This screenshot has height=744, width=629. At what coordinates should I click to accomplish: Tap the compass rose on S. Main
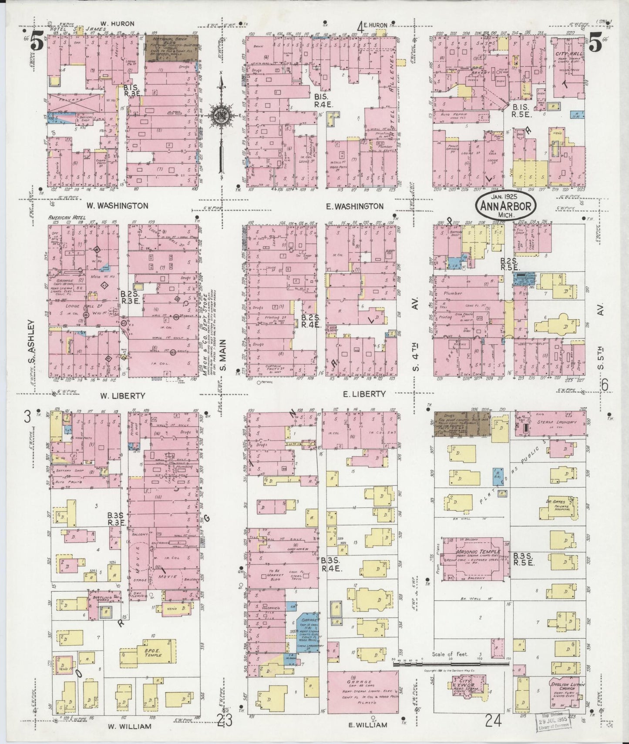(x=221, y=115)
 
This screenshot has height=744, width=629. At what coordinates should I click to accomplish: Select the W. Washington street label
(x=117, y=206)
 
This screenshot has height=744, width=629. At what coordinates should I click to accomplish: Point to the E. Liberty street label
(x=364, y=394)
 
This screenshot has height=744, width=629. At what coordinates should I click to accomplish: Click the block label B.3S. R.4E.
(x=330, y=564)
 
